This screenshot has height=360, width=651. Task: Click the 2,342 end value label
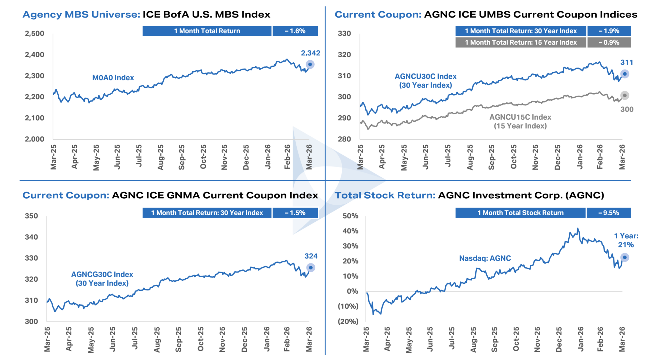310,53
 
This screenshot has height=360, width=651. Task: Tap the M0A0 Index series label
113,78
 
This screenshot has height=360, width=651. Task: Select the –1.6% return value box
295,31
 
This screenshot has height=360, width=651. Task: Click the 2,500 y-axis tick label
35,34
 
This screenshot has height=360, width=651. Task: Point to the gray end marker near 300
625,96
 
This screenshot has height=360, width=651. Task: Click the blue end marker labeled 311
625,74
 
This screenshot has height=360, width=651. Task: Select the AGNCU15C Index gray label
520,117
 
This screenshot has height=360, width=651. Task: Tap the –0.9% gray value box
609,42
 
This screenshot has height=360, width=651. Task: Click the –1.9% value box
609,31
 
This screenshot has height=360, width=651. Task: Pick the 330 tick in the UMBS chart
344,34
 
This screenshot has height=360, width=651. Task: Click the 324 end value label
311,256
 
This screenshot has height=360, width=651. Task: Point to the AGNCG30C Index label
102,275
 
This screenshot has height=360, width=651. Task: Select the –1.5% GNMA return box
295,213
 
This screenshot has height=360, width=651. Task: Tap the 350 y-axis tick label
32,216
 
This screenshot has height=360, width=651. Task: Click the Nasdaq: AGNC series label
485,258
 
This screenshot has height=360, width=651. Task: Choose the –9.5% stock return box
609,213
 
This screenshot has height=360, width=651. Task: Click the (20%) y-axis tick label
348,321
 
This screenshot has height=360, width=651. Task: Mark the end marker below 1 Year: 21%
625,258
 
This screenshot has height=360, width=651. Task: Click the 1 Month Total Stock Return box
520,213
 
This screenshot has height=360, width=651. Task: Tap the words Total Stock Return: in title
385,196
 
